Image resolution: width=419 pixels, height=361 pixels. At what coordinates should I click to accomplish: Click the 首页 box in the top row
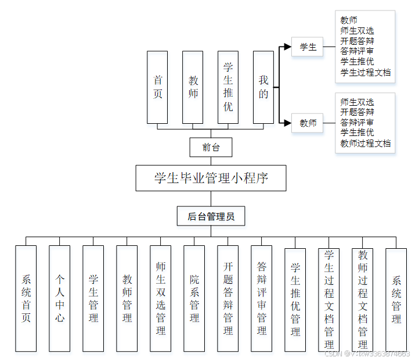click(157, 87)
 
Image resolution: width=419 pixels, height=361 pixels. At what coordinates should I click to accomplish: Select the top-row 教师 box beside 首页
click(193, 87)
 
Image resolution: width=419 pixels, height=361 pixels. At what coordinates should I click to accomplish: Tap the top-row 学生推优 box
click(228, 87)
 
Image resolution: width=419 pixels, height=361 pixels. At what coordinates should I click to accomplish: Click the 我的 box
click(263, 87)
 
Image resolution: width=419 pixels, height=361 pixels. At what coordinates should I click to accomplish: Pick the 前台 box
click(211, 148)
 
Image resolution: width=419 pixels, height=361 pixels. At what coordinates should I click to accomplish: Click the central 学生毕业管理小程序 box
click(211, 178)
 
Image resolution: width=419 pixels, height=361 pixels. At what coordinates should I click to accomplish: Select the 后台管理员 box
click(211, 217)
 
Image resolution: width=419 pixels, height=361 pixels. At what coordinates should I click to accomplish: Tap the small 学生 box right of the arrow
click(308, 47)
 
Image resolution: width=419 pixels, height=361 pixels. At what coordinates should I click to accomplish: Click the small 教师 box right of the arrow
click(308, 123)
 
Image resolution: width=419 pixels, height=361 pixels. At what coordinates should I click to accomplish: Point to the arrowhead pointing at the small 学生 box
click(287, 47)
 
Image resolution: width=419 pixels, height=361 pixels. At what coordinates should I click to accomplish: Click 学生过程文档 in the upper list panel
click(366, 73)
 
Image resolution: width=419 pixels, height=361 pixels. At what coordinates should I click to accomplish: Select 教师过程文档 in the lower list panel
click(366, 143)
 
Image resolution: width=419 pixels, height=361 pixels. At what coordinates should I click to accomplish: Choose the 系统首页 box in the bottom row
click(26, 298)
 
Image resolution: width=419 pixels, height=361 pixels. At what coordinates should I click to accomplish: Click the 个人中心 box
click(59, 298)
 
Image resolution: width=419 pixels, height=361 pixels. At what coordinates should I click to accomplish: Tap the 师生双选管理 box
click(161, 298)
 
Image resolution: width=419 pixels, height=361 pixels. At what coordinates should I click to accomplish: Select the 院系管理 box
click(194, 298)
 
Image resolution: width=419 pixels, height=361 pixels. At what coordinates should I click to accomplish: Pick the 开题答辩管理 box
click(228, 298)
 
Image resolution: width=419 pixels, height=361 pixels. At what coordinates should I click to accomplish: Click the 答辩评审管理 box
click(262, 298)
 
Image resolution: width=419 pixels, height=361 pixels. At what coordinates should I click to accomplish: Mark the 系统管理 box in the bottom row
click(396, 298)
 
